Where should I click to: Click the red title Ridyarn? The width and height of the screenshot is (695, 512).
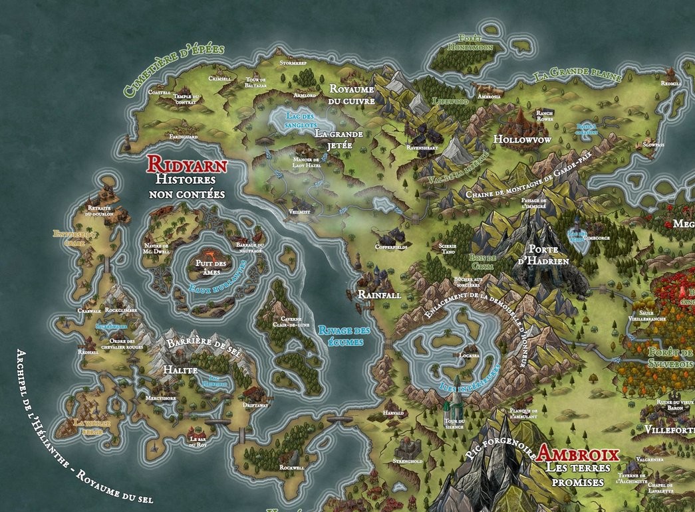click(186, 164)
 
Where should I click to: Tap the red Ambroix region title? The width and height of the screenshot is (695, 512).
click(578, 455)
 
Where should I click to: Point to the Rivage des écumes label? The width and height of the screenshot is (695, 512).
click(345, 336)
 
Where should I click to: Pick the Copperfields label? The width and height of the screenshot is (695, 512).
click(392, 245)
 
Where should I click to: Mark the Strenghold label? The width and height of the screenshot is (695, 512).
click(407, 459)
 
